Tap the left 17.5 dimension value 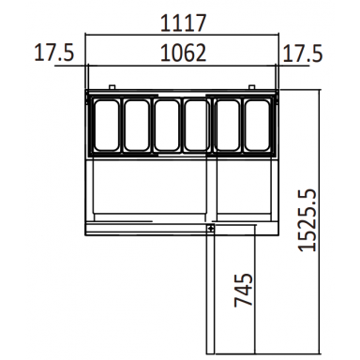coord(52,52)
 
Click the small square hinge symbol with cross coord(211,227)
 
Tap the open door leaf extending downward coord(232,291)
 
